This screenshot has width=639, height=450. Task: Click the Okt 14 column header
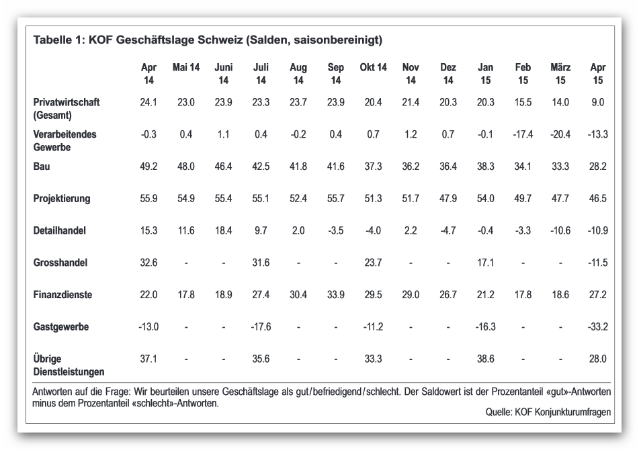pos(373,67)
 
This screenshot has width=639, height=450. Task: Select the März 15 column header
pos(560,73)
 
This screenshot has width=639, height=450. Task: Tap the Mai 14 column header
pos(186,67)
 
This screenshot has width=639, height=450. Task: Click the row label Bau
pos(42,166)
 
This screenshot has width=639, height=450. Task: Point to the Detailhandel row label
pos(60,230)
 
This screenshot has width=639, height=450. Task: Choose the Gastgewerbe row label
pos(60,327)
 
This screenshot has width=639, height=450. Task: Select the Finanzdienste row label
pos(62,295)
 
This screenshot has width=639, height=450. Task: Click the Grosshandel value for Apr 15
pos(597,263)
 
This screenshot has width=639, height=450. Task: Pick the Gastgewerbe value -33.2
pos(597,327)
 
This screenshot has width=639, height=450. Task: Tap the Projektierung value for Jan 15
pos(485,198)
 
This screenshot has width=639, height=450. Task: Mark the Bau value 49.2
pos(148,166)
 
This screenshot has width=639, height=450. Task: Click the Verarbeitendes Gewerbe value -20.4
pos(560,134)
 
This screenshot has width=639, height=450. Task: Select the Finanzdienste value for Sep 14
pos(335,295)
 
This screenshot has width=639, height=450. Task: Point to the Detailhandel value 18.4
pos(223,230)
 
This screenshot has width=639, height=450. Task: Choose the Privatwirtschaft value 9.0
pos(597,102)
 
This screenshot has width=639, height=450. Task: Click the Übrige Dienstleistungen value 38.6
pos(485,359)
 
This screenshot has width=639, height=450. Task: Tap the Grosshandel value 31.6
pos(261,263)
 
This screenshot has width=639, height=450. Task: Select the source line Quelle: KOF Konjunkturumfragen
pos(548,412)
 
